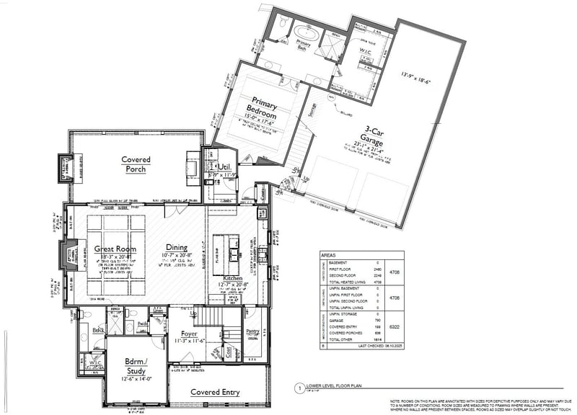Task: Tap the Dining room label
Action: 177,246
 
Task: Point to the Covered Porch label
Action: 134,164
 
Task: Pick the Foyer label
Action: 180,334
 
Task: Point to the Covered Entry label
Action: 214,392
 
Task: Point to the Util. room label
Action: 224,166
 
